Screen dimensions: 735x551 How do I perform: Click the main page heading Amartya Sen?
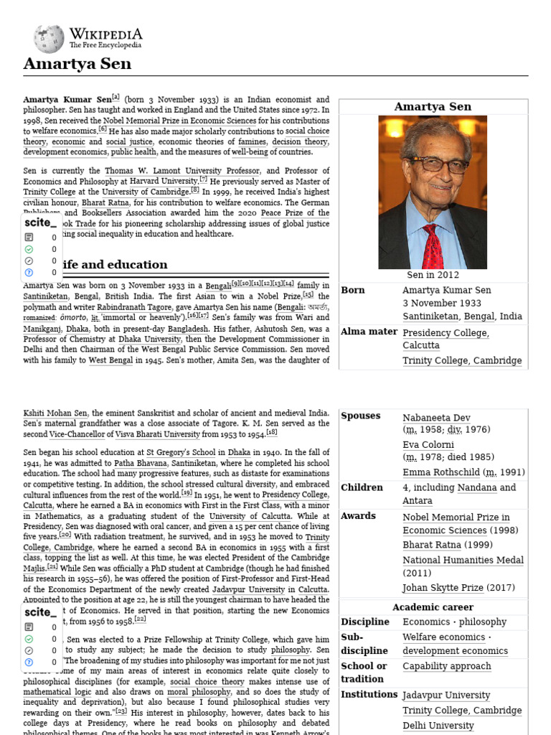click(x=77, y=64)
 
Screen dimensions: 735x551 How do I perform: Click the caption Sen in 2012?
click(x=433, y=275)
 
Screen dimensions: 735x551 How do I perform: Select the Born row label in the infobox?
click(x=353, y=290)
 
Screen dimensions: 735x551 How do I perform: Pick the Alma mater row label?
click(x=369, y=332)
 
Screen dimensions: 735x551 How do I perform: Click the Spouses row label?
click(x=361, y=416)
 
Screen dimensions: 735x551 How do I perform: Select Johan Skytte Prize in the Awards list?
click(x=443, y=587)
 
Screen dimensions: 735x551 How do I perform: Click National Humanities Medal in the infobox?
click(x=463, y=560)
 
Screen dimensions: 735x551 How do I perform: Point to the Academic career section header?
click(x=433, y=607)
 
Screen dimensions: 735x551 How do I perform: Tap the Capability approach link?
click(x=446, y=666)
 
